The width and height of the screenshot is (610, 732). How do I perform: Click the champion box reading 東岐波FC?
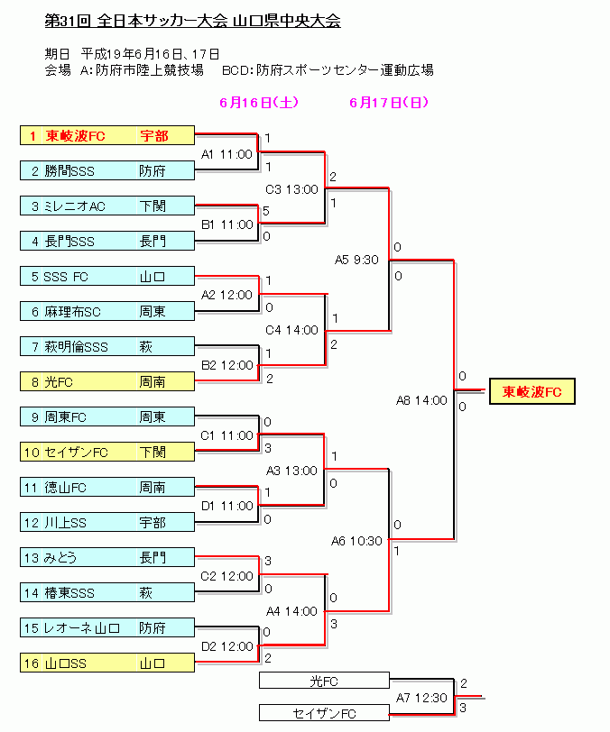[531, 391]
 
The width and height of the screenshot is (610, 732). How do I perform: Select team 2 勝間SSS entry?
[107, 171]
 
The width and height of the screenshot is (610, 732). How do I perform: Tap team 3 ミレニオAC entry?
[107, 206]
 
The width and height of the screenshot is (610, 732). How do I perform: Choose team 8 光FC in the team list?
[107, 381]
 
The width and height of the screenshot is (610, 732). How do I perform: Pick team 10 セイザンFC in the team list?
[107, 452]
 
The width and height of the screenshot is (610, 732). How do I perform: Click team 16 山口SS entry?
[107, 663]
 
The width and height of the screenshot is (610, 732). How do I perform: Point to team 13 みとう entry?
[107, 557]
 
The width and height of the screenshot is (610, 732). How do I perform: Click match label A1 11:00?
[226, 154]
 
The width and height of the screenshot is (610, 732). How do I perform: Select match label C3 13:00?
[291, 189]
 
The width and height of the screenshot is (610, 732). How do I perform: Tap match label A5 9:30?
[356, 260]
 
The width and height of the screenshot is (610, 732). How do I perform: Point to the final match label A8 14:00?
[421, 400]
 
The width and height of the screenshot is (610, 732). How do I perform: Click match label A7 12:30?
[421, 698]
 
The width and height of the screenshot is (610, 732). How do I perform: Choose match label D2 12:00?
[226, 646]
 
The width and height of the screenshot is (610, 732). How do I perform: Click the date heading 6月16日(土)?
[259, 102]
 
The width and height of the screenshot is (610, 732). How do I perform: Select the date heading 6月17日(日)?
[389, 102]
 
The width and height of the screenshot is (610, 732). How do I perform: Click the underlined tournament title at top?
[192, 21]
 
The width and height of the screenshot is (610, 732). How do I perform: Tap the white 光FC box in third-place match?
[324, 681]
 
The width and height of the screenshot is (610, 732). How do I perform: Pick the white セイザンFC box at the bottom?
[324, 713]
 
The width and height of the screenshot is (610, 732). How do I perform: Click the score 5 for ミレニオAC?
[266, 211]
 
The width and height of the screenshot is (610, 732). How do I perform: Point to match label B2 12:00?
[226, 365]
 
